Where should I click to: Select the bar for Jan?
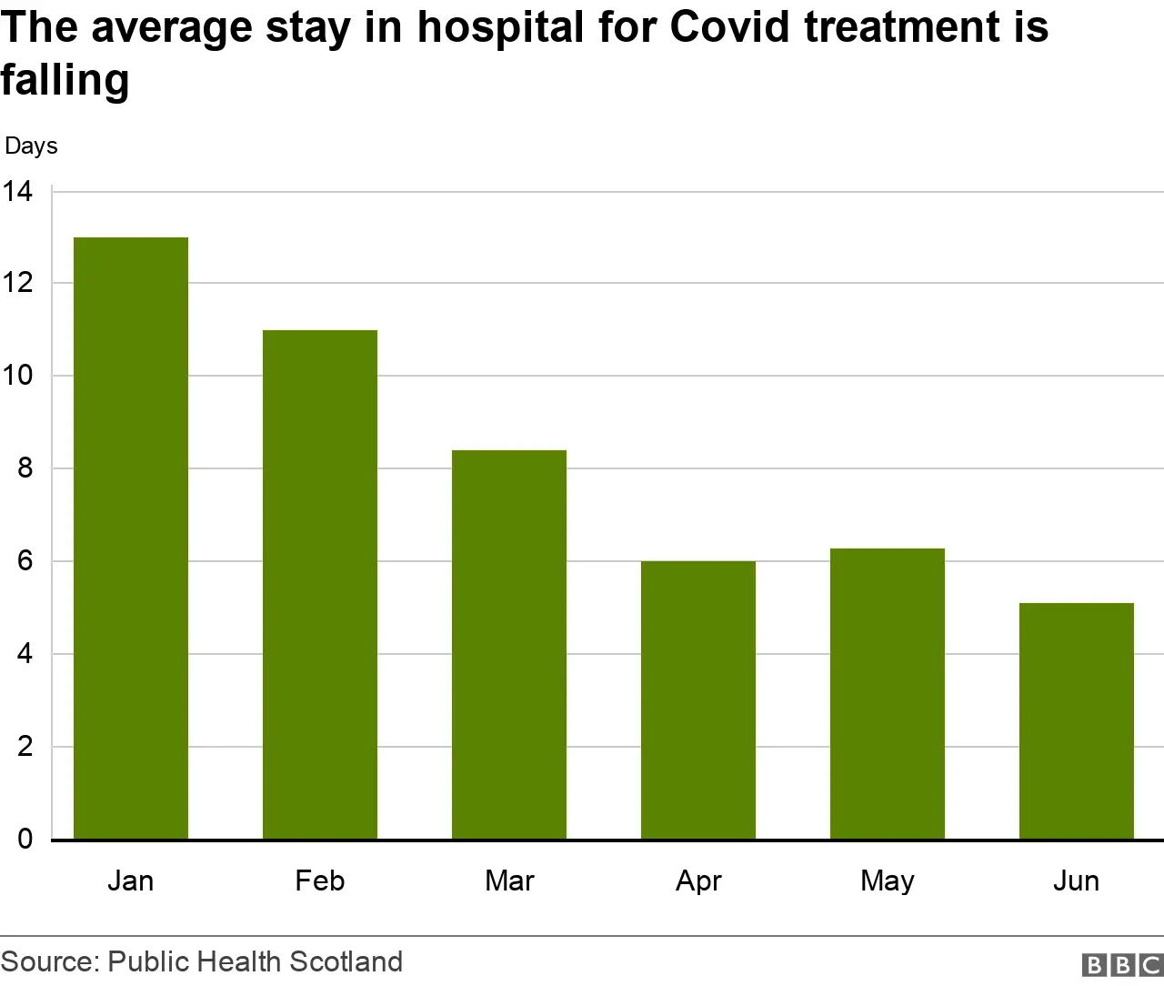click(x=131, y=538)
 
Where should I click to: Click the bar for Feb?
click(x=320, y=585)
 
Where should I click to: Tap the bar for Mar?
click(x=509, y=645)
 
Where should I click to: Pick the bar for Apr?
click(x=698, y=700)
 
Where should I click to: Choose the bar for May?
click(x=888, y=694)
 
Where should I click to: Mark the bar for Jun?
click(x=1077, y=721)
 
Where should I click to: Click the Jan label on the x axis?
click(x=131, y=880)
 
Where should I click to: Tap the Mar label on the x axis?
click(x=509, y=880)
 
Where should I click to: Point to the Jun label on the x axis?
click(x=1077, y=880)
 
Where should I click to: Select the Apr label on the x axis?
click(x=698, y=880)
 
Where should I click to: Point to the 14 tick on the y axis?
click(x=17, y=192)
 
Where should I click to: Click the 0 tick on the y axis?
click(x=25, y=840)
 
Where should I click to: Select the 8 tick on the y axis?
click(x=25, y=468)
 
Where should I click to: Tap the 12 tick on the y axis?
click(x=17, y=284)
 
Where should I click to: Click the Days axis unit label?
click(x=31, y=146)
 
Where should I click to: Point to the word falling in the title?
click(x=65, y=80)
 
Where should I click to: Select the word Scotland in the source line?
click(x=346, y=961)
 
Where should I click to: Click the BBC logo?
click(x=1122, y=965)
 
